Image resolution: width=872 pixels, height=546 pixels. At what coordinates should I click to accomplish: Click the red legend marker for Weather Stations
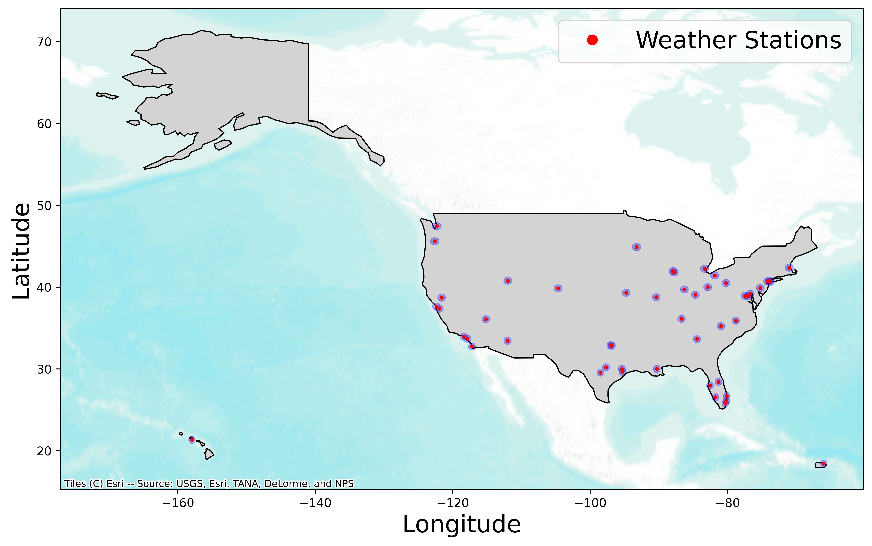pos(592,40)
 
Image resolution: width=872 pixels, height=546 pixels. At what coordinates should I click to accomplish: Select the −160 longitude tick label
pos(177,503)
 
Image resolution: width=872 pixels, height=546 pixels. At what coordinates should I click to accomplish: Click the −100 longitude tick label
pos(590,503)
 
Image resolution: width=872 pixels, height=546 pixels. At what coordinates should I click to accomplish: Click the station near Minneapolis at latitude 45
pos(637,247)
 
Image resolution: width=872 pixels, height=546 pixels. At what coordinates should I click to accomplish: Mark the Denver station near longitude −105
pos(558,288)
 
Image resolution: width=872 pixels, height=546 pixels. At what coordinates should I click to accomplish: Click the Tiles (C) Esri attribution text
pos(209,484)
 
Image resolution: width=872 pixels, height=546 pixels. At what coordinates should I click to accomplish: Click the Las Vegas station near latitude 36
pos(486,319)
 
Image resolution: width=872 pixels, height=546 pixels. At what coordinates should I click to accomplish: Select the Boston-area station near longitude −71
pos(789,268)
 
